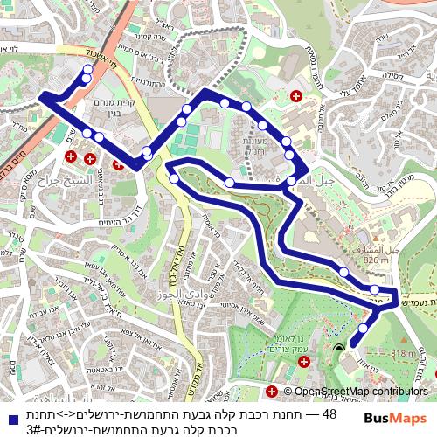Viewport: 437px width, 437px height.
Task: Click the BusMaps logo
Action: [394, 419]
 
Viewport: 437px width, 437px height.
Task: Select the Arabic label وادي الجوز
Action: [184, 293]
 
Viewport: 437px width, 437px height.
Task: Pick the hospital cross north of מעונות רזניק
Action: [296, 96]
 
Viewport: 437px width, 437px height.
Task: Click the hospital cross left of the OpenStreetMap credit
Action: [273, 392]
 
